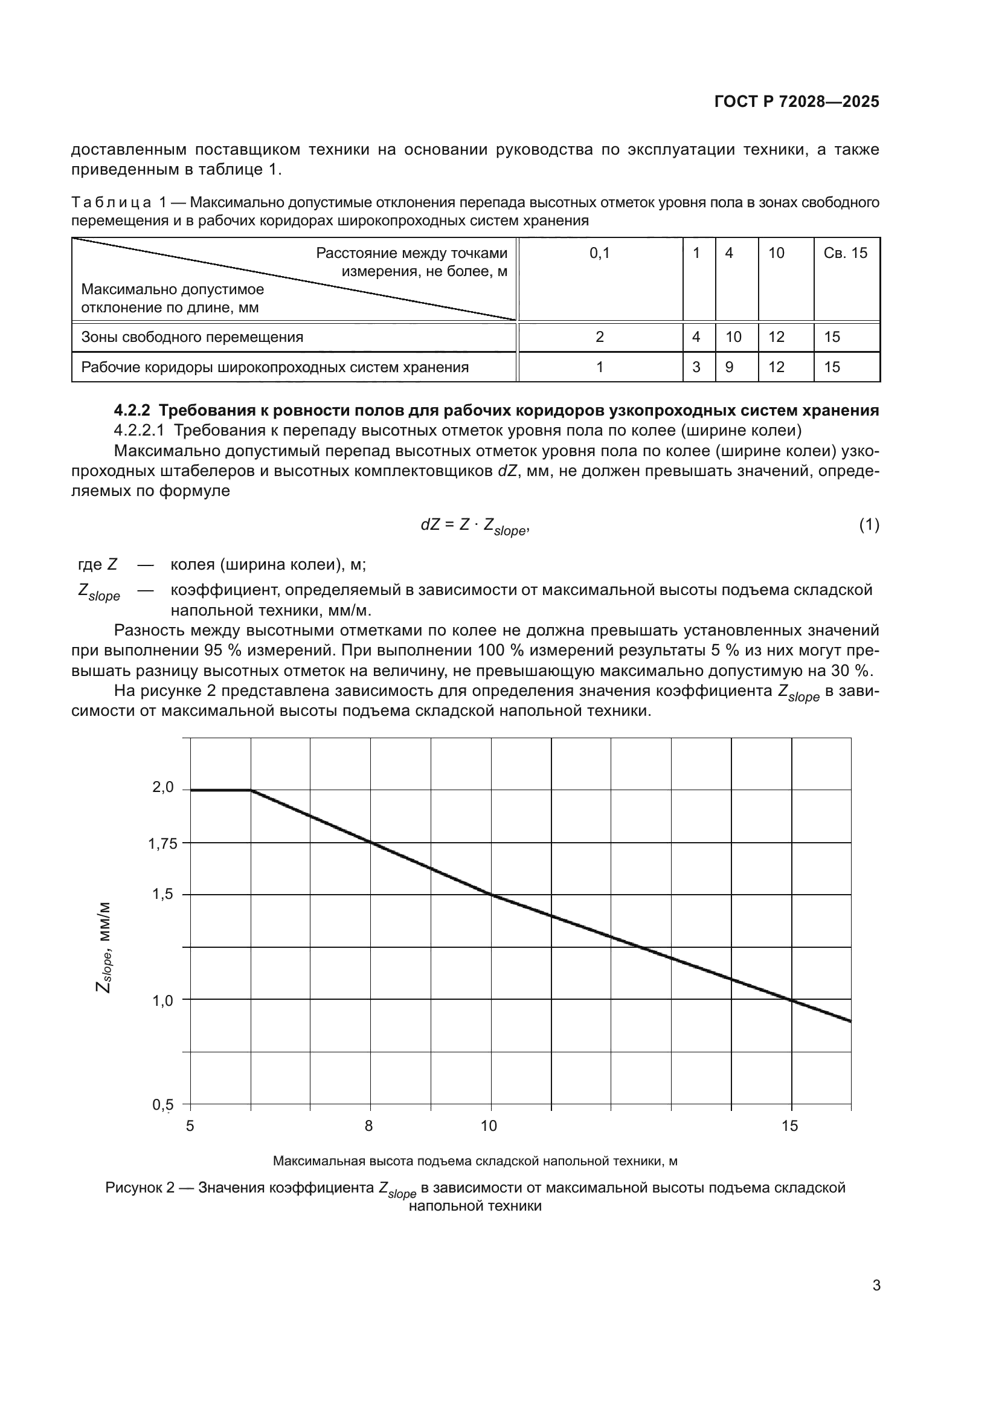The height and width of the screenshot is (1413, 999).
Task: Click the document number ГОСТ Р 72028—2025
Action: tap(797, 101)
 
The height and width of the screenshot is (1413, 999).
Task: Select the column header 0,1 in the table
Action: tap(599, 253)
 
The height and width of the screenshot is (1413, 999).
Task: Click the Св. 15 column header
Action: tap(845, 253)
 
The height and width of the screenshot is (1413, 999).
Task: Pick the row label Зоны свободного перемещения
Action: tap(192, 337)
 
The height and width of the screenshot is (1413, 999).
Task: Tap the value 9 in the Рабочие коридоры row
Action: tap(729, 367)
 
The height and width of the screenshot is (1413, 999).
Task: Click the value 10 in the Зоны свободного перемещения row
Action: tap(733, 337)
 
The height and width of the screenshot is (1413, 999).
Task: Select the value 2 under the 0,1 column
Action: tap(599, 337)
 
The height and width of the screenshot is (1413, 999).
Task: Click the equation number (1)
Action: tap(869, 525)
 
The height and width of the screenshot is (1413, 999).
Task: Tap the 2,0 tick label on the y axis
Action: tap(163, 787)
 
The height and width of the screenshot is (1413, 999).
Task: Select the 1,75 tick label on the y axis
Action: tap(162, 844)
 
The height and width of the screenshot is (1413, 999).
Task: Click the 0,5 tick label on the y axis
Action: tap(163, 1106)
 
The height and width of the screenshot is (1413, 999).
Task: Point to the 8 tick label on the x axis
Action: tap(368, 1126)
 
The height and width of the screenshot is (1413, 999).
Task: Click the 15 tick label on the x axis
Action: tap(789, 1126)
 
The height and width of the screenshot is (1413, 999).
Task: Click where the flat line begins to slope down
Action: tap(251, 790)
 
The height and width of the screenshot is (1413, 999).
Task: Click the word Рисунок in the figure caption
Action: tap(132, 1188)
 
